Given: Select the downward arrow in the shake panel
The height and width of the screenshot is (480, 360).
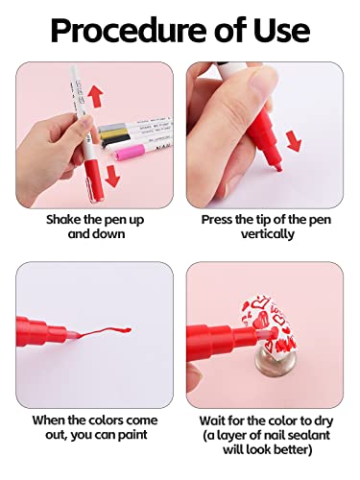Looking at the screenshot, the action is [x=112, y=176].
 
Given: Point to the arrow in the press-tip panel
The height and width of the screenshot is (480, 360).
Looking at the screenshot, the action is [x=294, y=141].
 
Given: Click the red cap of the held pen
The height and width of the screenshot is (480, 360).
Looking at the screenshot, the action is [x=94, y=180].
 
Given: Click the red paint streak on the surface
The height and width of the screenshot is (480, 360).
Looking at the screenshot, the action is [x=102, y=332].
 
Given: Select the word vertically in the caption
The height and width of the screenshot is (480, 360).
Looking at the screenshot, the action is [x=268, y=234].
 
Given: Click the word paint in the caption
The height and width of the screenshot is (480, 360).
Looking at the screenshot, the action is [x=132, y=435].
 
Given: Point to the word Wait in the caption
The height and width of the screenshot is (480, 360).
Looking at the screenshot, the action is [x=212, y=420].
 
